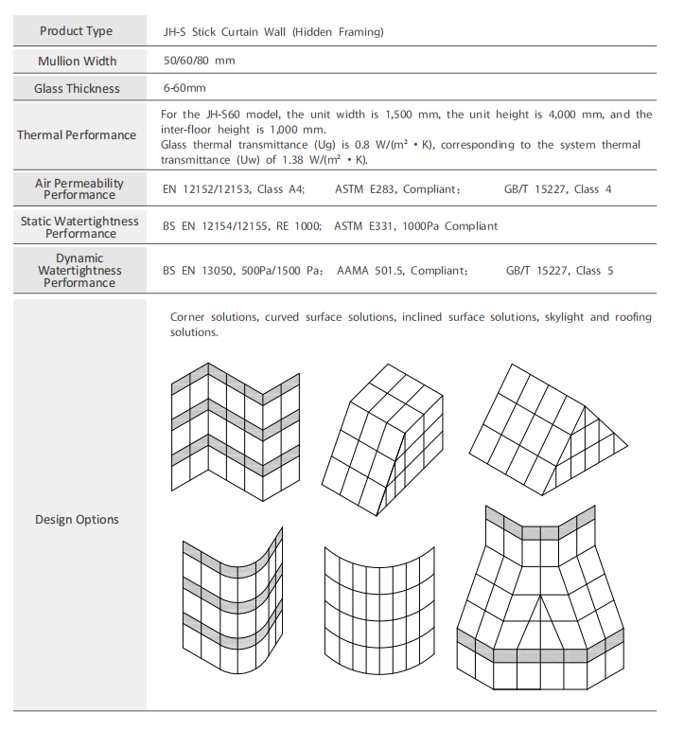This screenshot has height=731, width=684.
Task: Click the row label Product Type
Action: (x=76, y=31)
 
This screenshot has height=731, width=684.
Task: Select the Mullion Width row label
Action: (x=77, y=61)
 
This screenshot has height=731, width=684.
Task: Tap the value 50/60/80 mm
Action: (x=199, y=61)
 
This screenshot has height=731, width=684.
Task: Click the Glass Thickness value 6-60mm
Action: (x=184, y=88)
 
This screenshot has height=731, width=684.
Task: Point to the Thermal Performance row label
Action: (x=77, y=134)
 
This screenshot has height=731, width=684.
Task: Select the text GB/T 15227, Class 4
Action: (x=558, y=189)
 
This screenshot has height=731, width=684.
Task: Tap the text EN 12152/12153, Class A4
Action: (x=233, y=189)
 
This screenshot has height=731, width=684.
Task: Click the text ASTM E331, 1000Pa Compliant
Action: (x=415, y=226)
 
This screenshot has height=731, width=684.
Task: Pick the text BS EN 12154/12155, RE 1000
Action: (x=242, y=226)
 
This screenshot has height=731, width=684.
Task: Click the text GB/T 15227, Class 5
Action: (x=559, y=271)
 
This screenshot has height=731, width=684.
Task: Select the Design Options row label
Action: (x=77, y=519)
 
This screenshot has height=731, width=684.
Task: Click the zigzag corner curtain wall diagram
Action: (x=235, y=431)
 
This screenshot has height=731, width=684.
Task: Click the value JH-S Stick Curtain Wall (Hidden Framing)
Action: (x=272, y=31)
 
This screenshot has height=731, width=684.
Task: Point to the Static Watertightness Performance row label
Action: (x=79, y=226)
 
